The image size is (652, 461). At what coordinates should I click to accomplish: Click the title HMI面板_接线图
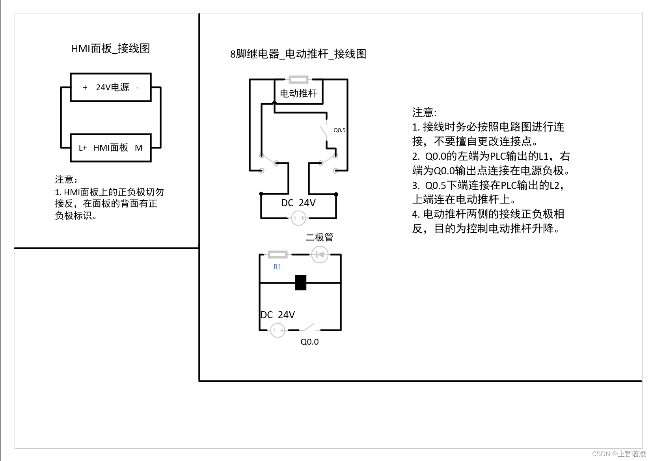tap(110, 49)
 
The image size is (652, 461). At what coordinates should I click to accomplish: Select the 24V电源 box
tap(111, 87)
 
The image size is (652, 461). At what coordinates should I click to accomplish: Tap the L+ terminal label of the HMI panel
tap(83, 148)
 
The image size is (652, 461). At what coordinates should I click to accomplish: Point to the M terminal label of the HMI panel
tap(139, 148)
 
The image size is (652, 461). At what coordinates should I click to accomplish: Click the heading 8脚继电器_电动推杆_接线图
tap(298, 54)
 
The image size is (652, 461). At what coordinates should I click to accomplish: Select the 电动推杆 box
tap(298, 93)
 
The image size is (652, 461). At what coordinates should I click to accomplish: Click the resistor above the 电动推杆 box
tap(298, 80)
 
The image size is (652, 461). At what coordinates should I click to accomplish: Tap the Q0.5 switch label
tap(339, 130)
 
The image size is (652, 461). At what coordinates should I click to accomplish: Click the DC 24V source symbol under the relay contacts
tap(298, 218)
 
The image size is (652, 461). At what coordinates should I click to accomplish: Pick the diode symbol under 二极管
tap(320, 255)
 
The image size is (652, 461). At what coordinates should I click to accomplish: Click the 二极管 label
tap(320, 237)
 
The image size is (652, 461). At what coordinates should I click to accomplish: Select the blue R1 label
tap(278, 267)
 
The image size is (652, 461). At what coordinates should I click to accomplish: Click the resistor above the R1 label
tap(278, 255)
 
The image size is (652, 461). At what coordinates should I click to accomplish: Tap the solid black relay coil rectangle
tap(301, 283)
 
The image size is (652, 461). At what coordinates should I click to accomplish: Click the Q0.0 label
tap(309, 342)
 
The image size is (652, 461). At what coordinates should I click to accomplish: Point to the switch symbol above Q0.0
tap(309, 327)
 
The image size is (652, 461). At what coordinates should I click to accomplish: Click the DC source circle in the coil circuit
tap(278, 330)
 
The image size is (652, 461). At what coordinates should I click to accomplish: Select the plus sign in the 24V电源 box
tap(85, 88)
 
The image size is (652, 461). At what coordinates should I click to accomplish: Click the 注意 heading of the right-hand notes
tap(424, 112)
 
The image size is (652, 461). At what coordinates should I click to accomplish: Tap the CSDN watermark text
tap(619, 454)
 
